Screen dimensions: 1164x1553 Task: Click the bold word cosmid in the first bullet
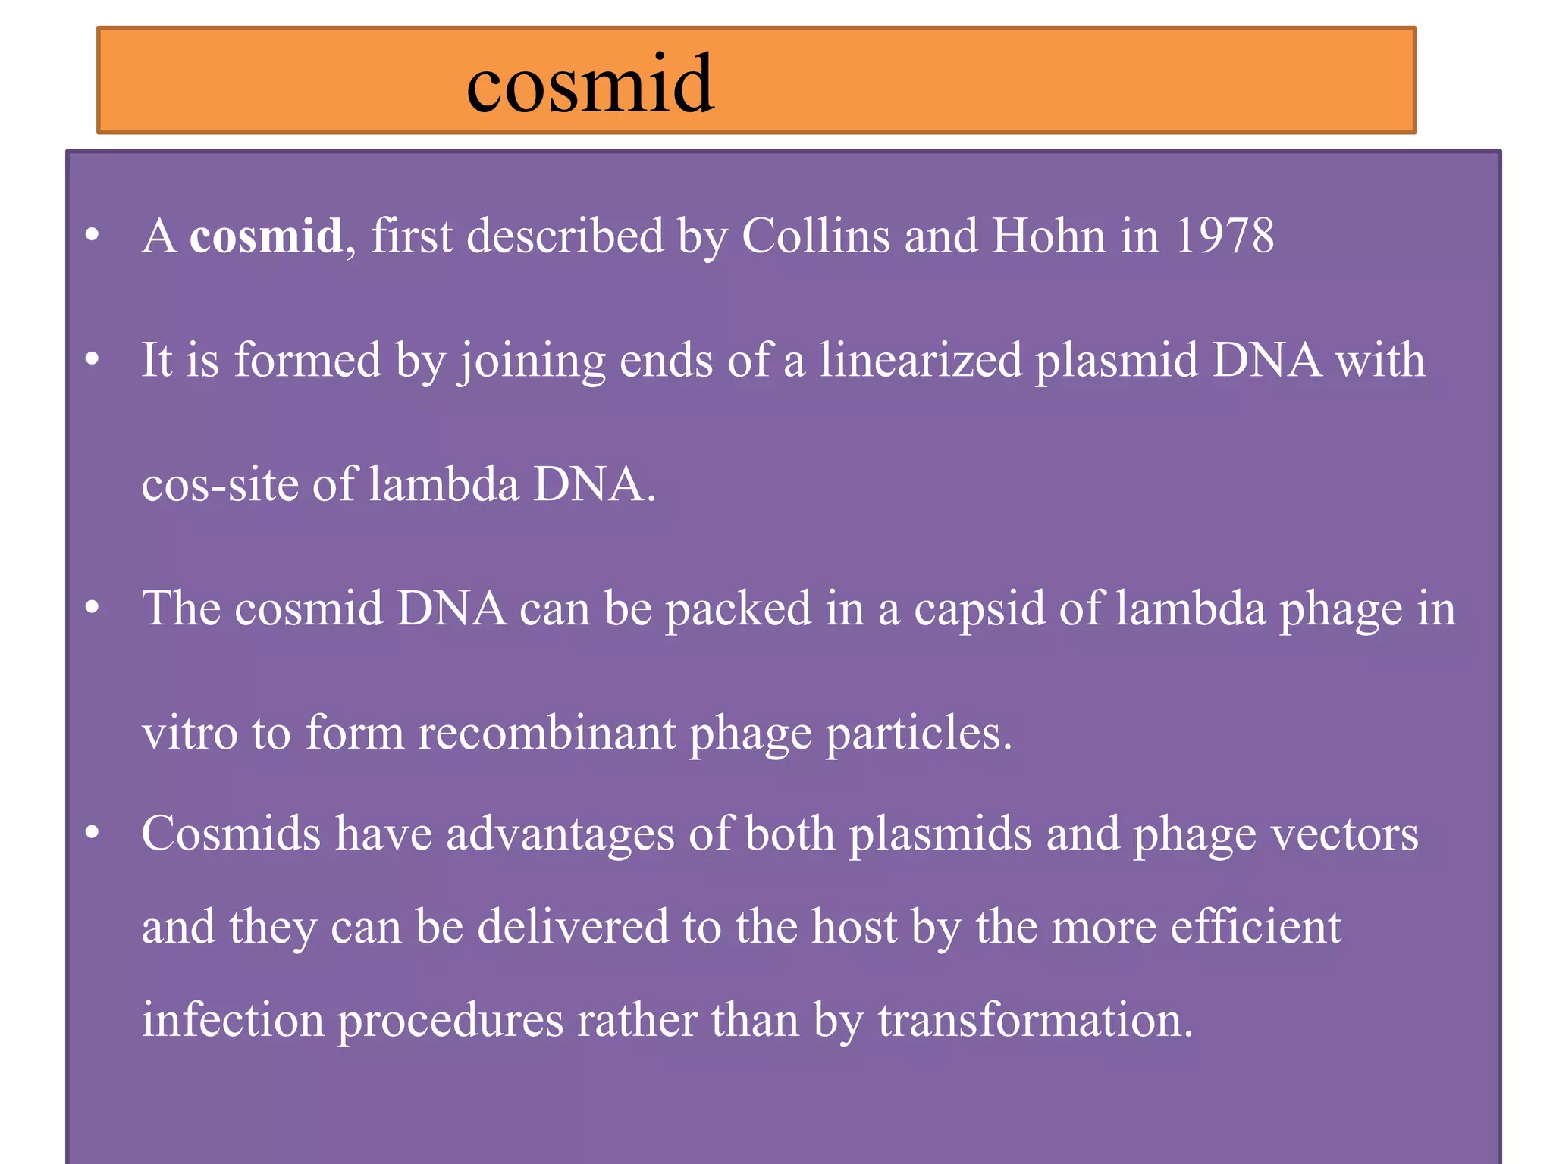[x=265, y=236]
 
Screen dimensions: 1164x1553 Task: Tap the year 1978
[x=1225, y=236]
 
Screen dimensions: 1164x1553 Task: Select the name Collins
[x=815, y=236]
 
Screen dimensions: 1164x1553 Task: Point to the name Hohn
[x=1049, y=236]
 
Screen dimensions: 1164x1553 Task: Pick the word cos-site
[x=220, y=484]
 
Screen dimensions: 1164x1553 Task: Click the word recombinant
[x=547, y=733]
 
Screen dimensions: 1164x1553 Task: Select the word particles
[x=918, y=734]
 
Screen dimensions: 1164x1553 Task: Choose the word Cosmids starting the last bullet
[x=231, y=834]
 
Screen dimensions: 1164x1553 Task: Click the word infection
[x=233, y=1020]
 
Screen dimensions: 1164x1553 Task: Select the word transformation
[x=1035, y=1020]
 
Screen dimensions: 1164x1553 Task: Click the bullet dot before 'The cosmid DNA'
[x=93, y=608]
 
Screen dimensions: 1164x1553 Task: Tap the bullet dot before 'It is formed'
[x=93, y=359]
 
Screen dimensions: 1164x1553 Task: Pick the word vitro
[x=190, y=733]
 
